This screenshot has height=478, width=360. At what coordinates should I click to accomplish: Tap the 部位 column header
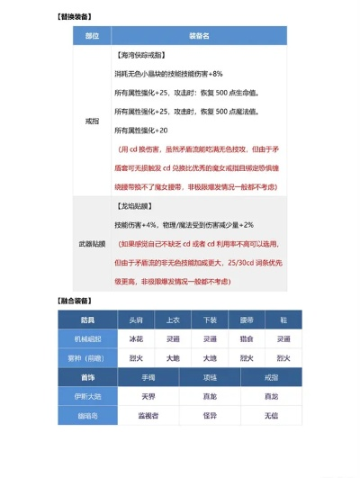pyautogui.click(x=92, y=35)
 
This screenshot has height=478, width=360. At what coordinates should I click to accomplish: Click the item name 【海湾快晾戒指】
pyautogui.click(x=148, y=55)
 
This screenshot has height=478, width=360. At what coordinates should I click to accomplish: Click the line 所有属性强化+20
pyautogui.click(x=152, y=131)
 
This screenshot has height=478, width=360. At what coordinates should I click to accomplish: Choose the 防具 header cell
pyautogui.click(x=87, y=320)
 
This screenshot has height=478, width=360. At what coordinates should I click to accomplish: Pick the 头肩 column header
pyautogui.click(x=135, y=320)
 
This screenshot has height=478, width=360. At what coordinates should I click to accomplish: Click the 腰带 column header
pyautogui.click(x=246, y=320)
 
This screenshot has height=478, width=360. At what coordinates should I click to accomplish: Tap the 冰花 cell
pyautogui.click(x=135, y=338)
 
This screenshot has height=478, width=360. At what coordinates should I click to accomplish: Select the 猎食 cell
pyautogui.click(x=246, y=338)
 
